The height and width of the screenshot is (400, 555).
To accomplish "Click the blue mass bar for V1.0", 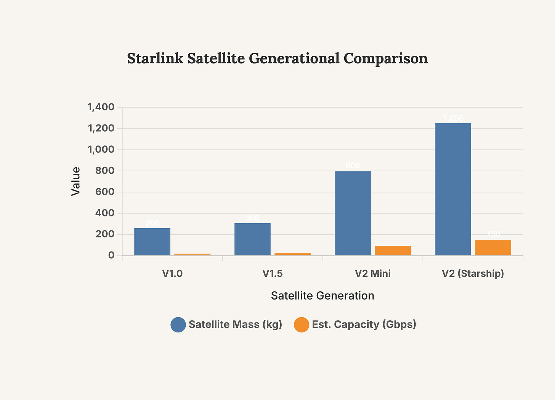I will point(152,242).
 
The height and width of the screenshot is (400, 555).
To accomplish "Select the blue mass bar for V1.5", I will point(252,239).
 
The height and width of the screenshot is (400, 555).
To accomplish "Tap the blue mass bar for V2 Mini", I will point(353,213).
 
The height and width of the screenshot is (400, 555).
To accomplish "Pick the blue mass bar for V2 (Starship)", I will point(453,189).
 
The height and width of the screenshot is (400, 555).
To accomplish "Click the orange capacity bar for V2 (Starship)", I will point(493,247).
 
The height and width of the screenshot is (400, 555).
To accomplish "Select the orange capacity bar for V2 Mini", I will point(393,250).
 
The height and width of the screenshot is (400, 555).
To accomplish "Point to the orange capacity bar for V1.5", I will point(292,254).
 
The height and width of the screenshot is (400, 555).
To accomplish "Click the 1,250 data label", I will point(453,118).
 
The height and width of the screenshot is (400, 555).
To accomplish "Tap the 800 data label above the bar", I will point(353,166).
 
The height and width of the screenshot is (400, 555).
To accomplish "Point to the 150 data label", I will point(493,234).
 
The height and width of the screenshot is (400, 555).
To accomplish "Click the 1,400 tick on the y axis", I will point(101,107).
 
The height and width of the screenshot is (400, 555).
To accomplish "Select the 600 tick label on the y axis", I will point(105,192).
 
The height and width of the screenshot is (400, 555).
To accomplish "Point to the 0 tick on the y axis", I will point(111,255).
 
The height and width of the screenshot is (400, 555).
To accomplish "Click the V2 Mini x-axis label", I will point(373,274).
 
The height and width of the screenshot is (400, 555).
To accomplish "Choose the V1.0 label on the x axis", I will point(172,274).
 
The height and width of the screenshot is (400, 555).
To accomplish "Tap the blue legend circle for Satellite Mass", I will point(178,325).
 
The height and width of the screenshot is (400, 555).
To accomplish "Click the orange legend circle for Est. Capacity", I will point(302,325).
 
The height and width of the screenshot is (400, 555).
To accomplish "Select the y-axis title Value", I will point(76,181).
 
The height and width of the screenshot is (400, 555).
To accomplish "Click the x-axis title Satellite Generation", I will point(322,296).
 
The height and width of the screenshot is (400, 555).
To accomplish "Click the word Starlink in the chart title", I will point(155,58).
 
